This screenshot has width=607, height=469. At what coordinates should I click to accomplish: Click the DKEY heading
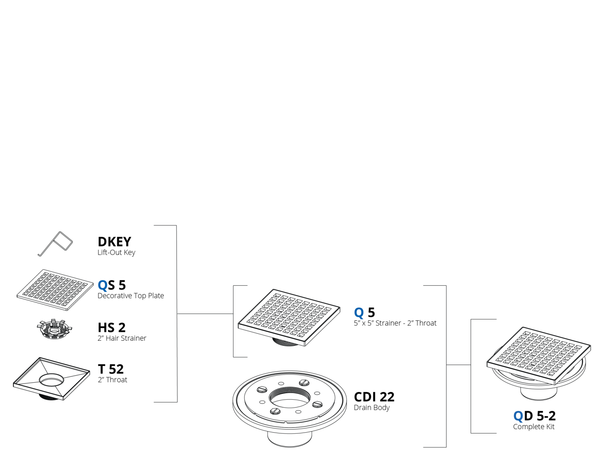[x=114, y=242]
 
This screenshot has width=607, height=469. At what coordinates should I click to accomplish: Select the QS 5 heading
[x=112, y=285]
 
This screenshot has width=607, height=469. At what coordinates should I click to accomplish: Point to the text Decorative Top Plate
[x=131, y=296]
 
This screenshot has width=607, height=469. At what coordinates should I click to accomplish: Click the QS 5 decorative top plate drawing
[x=55, y=290]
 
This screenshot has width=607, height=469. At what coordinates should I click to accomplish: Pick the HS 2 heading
[x=112, y=327]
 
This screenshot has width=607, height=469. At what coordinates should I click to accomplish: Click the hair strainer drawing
[x=54, y=329]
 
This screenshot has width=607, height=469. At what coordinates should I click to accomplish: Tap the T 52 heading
[x=111, y=369]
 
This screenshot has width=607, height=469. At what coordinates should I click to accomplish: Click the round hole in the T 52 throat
[x=51, y=380]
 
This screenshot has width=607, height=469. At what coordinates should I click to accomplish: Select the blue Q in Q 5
[x=359, y=312]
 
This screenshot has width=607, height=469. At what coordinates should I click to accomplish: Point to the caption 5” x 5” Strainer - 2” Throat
[x=395, y=323]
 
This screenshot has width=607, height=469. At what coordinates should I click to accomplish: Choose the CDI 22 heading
[x=374, y=397]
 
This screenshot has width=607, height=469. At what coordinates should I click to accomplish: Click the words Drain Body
[x=371, y=408]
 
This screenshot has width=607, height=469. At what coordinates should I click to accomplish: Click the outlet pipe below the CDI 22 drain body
[x=290, y=439]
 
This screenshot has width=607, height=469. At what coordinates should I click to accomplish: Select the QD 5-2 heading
[x=535, y=416]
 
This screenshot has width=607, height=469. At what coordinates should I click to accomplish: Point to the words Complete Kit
[x=533, y=427]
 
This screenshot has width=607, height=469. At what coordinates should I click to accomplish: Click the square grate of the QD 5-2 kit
[x=539, y=356]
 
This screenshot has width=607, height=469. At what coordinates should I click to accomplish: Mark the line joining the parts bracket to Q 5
[x=205, y=314]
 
